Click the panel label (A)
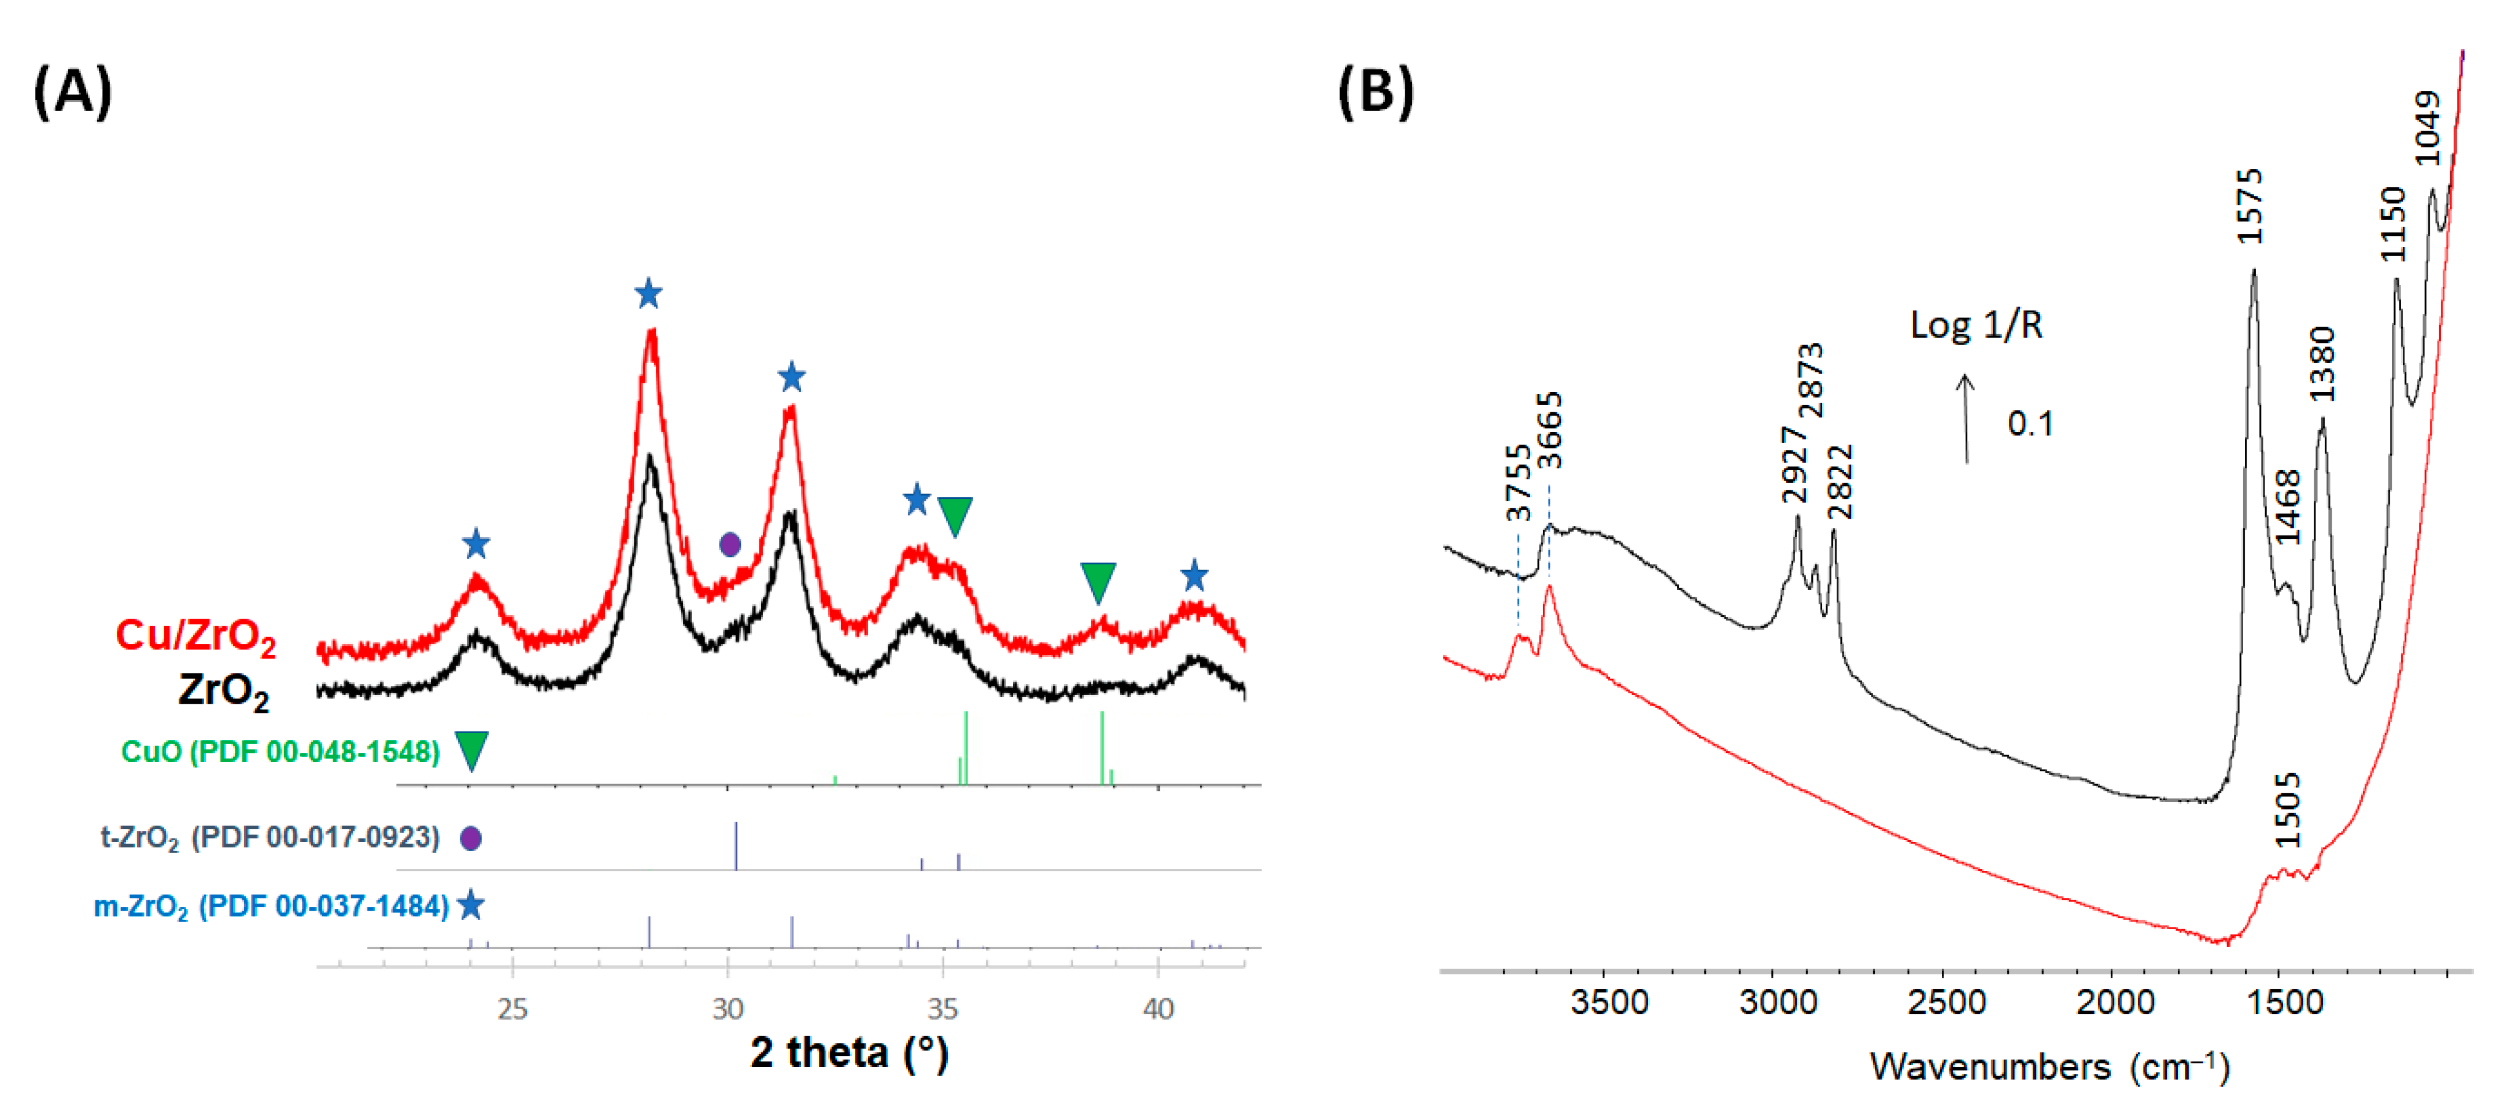pyautogui.click(x=73, y=93)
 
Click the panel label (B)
pyautogui.click(x=1375, y=93)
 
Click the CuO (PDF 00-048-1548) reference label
pyautogui.click(x=280, y=751)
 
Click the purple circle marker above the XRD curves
pyautogui.click(x=730, y=544)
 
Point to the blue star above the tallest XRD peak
pyautogui.click(x=648, y=294)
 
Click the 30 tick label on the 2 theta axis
pyautogui.click(x=728, y=1009)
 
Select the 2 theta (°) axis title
pyautogui.click(x=848, y=1052)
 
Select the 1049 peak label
pyautogui.click(x=2427, y=128)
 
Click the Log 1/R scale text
pyautogui.click(x=1976, y=324)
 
